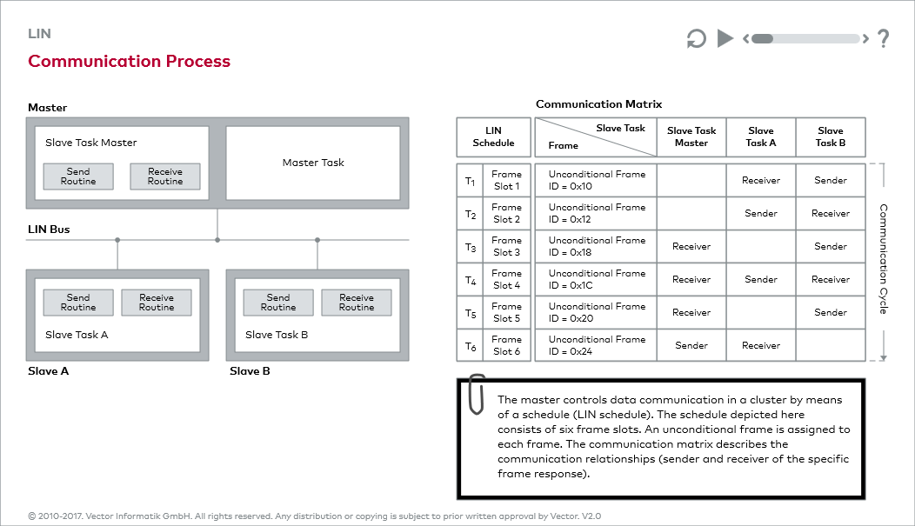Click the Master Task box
point(313,163)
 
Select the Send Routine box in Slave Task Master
point(78,176)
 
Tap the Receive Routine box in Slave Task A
point(157,303)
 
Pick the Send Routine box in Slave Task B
point(278,303)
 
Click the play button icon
point(725,38)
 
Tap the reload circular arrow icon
point(696,39)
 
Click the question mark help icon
point(883,38)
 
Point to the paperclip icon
point(476,394)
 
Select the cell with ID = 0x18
point(595,246)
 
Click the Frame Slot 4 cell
point(506,279)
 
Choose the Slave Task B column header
point(830,136)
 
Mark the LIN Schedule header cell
point(493,136)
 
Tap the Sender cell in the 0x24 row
point(691,345)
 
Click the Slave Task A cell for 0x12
point(761,213)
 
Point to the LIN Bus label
point(49,230)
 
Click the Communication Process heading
point(129,62)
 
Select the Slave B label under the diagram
point(250,371)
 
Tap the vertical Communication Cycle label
point(883,259)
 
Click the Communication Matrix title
point(598,104)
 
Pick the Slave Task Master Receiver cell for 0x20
point(691,312)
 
